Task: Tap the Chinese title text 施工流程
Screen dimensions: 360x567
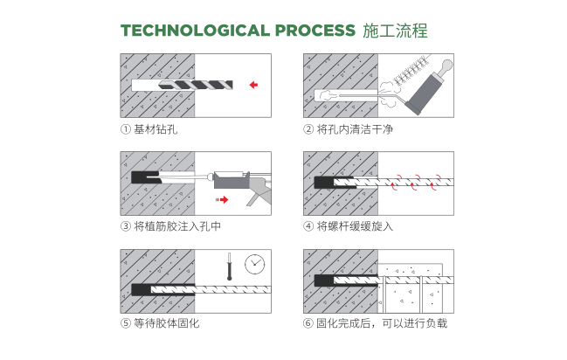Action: [394, 31]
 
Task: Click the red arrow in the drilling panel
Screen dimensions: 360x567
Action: [253, 86]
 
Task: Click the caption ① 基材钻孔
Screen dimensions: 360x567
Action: [149, 129]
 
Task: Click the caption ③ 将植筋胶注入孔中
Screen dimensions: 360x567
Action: [170, 226]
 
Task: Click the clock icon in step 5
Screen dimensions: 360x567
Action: [255, 262]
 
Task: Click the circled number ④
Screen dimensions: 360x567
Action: [308, 226]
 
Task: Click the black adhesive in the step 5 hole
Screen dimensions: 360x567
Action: [140, 287]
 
